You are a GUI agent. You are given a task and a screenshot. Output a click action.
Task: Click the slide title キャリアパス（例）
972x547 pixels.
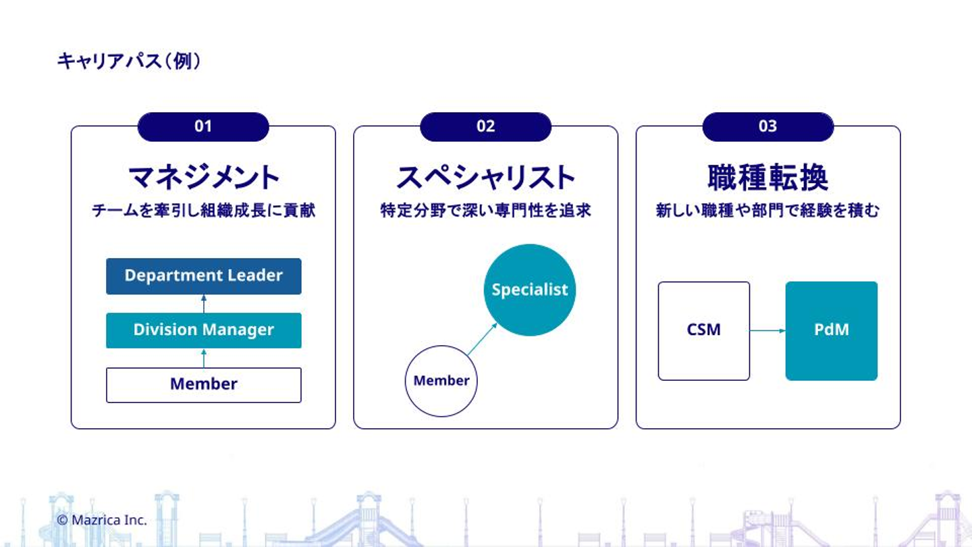(128, 61)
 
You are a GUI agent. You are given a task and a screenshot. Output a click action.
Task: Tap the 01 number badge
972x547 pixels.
(203, 126)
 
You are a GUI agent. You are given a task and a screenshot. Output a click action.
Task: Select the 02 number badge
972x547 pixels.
(485, 126)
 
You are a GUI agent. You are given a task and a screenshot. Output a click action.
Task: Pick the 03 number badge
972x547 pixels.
(767, 126)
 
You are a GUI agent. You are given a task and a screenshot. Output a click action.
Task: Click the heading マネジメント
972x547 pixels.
(203, 178)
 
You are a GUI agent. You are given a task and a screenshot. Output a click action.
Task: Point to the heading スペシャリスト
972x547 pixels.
(485, 178)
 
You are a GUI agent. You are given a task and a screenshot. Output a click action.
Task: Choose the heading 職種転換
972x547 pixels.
(767, 178)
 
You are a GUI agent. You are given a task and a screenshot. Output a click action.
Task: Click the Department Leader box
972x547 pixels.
(203, 276)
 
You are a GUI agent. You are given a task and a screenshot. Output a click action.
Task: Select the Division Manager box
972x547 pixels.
(203, 330)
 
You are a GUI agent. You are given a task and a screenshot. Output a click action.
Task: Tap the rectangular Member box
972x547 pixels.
(203, 385)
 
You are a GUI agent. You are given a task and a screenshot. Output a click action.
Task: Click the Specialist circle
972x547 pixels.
(530, 290)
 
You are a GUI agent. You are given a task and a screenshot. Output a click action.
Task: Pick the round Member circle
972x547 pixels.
(441, 381)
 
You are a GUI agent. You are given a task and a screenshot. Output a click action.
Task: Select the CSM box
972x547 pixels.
(703, 330)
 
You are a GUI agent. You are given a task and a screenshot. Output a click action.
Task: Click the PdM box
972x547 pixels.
(831, 330)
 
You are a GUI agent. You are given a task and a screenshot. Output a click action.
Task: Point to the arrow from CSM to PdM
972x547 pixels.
(767, 330)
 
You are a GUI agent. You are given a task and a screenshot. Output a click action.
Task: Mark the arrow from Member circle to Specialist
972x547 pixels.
(482, 339)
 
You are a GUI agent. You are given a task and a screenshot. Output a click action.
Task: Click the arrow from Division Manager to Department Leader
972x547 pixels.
(203, 303)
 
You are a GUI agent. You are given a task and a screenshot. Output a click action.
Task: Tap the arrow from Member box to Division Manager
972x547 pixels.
(203, 358)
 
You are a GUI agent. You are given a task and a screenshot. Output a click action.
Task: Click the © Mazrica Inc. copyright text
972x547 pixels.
(102, 520)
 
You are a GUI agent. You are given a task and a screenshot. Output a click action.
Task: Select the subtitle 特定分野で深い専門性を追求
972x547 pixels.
(485, 211)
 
